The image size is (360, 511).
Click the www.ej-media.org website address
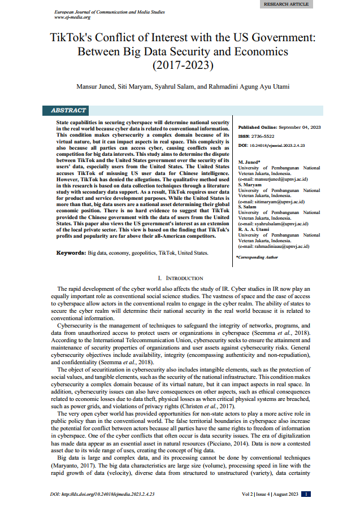click(68, 17)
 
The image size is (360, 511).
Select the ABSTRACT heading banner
click(68, 110)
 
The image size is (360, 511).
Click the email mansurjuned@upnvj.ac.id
click(272, 178)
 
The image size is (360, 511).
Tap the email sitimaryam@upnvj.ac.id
click(271, 201)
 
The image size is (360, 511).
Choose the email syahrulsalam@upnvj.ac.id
click(273, 224)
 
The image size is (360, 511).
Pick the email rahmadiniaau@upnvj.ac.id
click(273, 246)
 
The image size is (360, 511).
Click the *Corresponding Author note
click(258, 257)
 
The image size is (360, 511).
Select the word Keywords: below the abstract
click(71, 253)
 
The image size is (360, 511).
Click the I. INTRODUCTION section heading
click(180, 278)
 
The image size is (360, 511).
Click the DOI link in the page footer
click(102, 493)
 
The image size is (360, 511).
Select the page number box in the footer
click(306, 493)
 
